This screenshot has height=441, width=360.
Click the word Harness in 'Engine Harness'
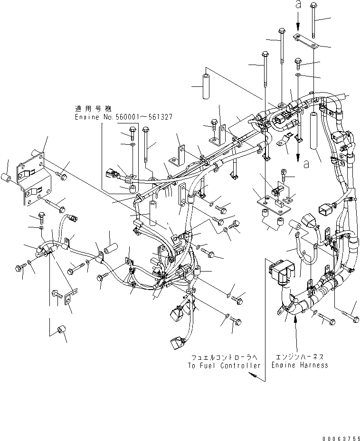pyautogui.click(x=313, y=365)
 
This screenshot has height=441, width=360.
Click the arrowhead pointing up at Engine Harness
pyautogui.click(x=296, y=319)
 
